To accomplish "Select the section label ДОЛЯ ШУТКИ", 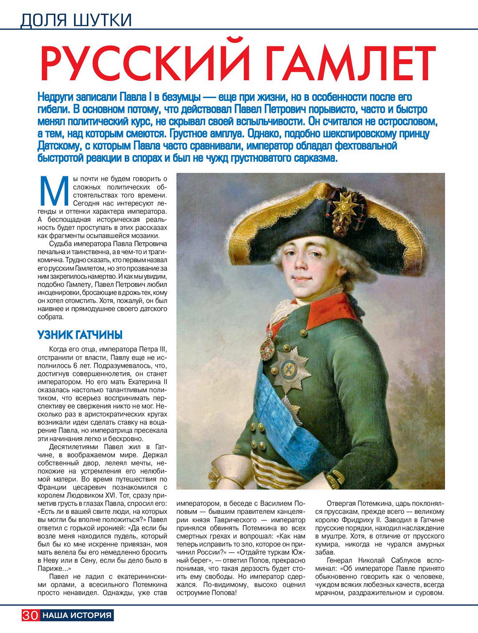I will coord(76,20).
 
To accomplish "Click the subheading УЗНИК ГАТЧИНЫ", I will coord(80,335).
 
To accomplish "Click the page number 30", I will coord(31,615).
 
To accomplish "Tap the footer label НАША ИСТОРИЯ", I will coord(77,615).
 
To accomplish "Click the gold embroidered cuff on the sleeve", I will coord(337,478).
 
